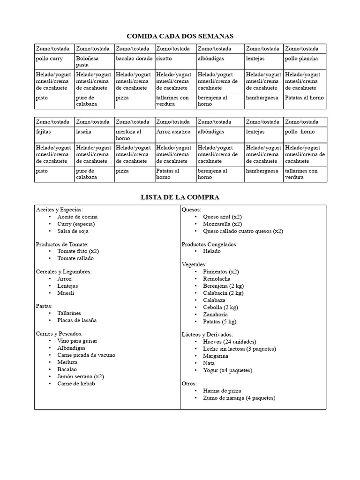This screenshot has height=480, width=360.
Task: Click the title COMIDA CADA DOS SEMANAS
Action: pos(180,36)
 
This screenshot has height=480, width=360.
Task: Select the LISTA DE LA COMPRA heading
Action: pos(180,197)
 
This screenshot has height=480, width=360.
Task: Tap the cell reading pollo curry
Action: pos(49,59)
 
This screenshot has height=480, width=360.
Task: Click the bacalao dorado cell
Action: pos(134,59)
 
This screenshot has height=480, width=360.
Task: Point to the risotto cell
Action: pos(164,59)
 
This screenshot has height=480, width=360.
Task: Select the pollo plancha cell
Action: pos(301,59)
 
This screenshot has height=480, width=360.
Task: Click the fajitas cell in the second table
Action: pos(44,132)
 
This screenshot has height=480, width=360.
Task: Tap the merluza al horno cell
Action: pos(128,135)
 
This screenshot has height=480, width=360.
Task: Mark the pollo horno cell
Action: pos(300,132)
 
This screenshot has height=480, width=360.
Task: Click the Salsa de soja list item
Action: pos(73,231)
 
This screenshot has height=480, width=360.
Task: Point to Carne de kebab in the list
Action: pos(76,384)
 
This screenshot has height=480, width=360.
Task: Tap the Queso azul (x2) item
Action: pos(222,217)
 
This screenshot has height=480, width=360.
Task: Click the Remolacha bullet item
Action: pos(217,278)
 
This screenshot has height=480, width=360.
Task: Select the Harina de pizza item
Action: pos(223,391)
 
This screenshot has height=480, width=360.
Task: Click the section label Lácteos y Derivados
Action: pos(207,334)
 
